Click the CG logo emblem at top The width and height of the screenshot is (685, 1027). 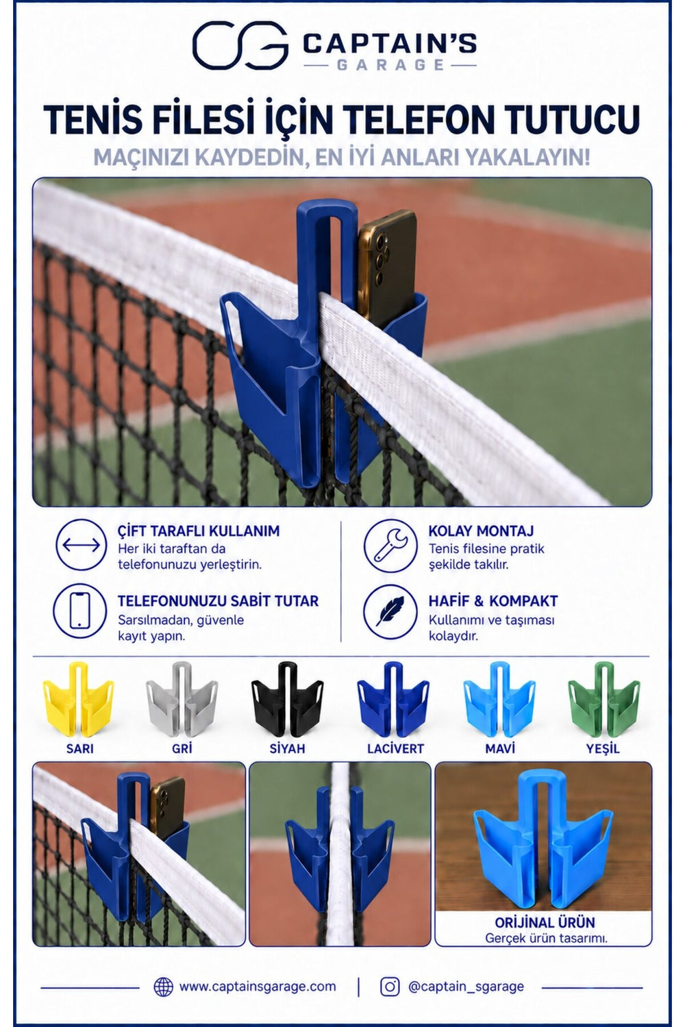coord(240,45)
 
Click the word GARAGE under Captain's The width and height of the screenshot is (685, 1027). coord(390,64)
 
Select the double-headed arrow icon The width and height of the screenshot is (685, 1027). coord(82,545)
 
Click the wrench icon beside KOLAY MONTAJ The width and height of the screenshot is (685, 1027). coord(390,546)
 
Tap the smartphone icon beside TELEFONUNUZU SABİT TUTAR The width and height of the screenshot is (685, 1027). coord(80,611)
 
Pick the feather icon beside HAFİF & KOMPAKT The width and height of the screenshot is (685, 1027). coord(390,611)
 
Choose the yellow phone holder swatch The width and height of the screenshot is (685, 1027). coord(79,698)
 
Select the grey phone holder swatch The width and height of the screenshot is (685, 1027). coord(182,698)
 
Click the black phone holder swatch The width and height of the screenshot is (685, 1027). coord(287,698)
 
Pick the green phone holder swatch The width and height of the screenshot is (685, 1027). coord(603,698)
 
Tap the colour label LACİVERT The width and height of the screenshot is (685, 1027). coord(395,749)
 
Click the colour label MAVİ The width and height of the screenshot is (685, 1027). coord(500,749)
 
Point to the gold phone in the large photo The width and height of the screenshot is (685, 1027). coord(388,265)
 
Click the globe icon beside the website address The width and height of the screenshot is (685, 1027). coord(164,987)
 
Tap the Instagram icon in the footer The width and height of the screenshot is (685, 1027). coord(390,987)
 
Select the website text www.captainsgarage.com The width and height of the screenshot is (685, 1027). coord(258,987)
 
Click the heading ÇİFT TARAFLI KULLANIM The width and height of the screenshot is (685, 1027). coord(198,531)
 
